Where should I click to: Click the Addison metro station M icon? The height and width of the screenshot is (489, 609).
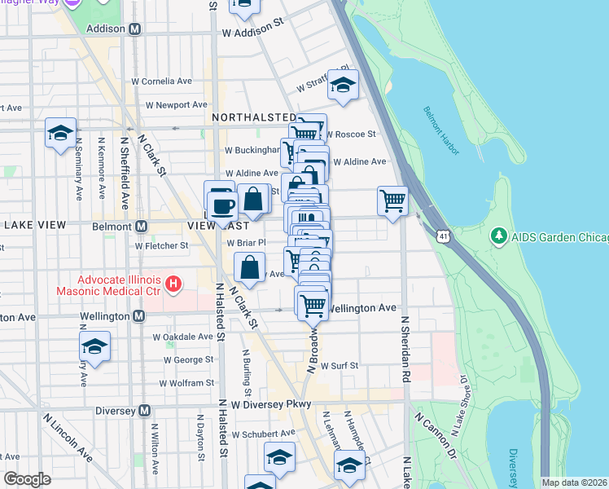point(135,29)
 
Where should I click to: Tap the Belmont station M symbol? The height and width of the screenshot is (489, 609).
point(141,226)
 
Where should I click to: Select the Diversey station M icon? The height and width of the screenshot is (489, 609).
point(145,411)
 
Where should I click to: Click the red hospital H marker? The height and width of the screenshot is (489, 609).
point(172,284)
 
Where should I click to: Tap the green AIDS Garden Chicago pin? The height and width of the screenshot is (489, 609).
point(498,236)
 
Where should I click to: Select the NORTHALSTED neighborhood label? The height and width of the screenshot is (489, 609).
point(254,117)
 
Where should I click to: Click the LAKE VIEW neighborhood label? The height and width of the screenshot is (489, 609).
point(40,224)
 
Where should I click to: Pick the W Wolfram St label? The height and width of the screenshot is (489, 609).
point(188,382)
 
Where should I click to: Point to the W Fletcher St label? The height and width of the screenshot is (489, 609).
point(161,244)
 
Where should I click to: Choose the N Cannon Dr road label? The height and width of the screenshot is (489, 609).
point(434,434)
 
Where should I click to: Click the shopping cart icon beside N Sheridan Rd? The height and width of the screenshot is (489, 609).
point(392,199)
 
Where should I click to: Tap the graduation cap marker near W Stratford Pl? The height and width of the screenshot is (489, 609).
point(343,84)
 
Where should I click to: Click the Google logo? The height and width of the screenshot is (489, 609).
point(28,479)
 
